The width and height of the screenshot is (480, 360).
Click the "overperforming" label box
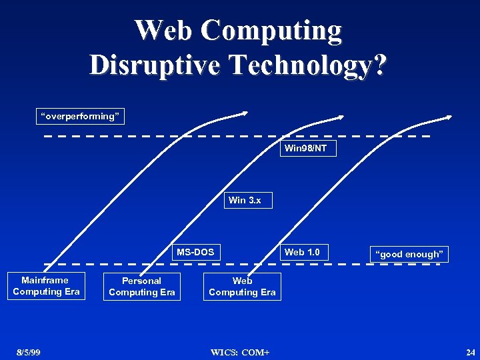(80, 117)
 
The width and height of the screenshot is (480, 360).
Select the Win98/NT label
(305, 148)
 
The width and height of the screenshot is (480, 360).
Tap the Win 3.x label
(245, 200)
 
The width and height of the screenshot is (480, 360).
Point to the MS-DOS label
(195, 252)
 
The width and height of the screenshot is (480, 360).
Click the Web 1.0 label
(302, 252)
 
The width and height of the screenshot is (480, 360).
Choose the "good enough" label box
(409, 254)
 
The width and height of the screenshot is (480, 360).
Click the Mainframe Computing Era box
(46, 286)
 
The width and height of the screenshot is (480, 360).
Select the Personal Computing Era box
(141, 287)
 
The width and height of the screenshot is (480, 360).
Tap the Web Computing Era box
(242, 287)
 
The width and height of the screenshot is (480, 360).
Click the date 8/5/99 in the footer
(29, 352)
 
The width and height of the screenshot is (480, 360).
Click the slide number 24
(471, 352)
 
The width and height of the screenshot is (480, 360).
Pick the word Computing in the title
(272, 31)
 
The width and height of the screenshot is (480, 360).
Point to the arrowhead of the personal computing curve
(341, 117)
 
